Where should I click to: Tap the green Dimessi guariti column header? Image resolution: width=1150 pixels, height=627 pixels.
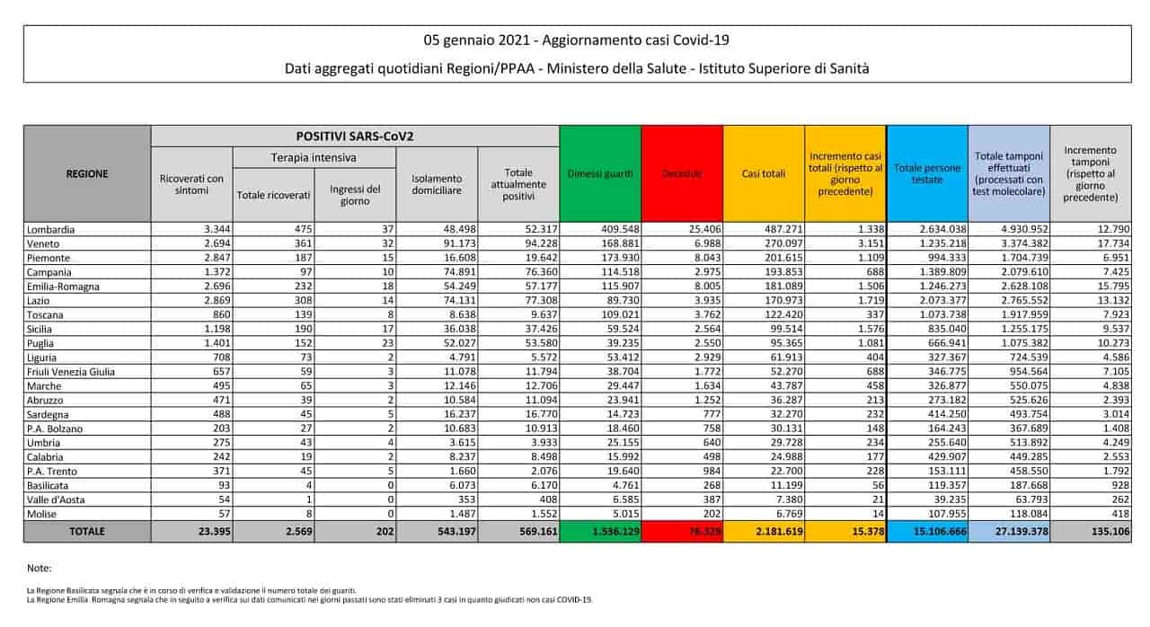click(600, 172)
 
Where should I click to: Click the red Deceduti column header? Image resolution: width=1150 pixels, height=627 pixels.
click(682, 172)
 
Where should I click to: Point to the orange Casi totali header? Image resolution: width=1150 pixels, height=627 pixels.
click(764, 172)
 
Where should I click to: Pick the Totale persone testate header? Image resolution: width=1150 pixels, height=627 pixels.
click(927, 173)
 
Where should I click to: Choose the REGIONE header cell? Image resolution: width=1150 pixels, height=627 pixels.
click(87, 173)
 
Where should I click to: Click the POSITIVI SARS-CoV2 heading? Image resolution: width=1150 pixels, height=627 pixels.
click(355, 136)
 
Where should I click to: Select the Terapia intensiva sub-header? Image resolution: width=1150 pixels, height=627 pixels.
click(314, 157)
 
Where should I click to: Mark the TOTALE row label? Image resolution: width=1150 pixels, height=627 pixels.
click(87, 532)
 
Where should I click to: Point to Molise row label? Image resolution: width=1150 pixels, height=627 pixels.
click(42, 513)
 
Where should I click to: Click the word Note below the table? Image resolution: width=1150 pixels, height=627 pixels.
click(40, 569)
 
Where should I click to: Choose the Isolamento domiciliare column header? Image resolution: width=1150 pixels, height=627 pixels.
click(437, 185)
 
